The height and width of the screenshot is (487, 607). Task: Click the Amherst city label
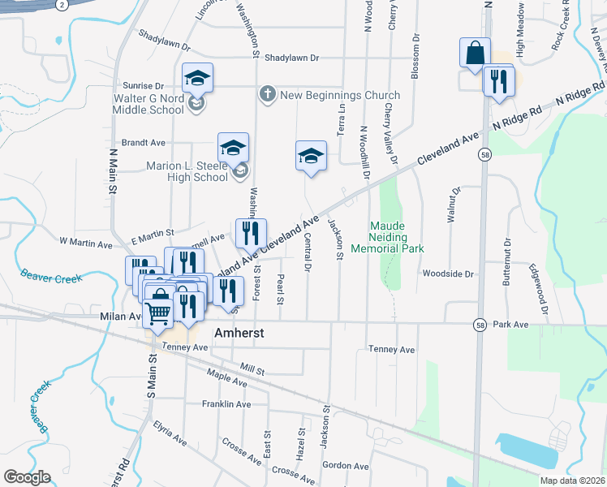[x=240, y=334]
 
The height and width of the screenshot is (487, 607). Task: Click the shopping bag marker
[x=475, y=54]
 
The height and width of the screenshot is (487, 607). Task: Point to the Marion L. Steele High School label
[x=187, y=171]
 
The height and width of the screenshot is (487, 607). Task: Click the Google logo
[x=27, y=476]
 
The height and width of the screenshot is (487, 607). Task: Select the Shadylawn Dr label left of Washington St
[x=163, y=36]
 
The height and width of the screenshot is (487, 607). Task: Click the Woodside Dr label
[x=447, y=274]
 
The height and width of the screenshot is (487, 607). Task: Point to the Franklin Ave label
[x=226, y=404]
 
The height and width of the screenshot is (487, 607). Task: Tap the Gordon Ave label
[x=346, y=466]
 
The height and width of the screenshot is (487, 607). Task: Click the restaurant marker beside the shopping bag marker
[x=498, y=81]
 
